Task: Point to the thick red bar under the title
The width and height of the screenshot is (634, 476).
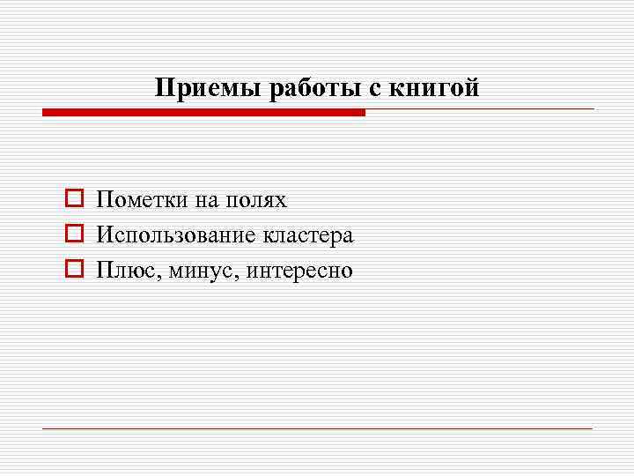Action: pos(203,113)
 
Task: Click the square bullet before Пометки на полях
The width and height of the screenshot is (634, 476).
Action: pos(74,200)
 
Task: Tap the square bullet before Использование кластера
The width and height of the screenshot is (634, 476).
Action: pos(74,235)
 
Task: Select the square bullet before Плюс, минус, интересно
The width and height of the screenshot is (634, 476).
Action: pos(74,270)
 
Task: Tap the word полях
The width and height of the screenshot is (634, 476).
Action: pos(255,201)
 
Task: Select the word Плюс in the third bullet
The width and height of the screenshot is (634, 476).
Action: pos(124,270)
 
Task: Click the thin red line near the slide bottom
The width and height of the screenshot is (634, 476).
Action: pos(317,428)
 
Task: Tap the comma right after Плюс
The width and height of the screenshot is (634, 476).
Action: pos(155,276)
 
